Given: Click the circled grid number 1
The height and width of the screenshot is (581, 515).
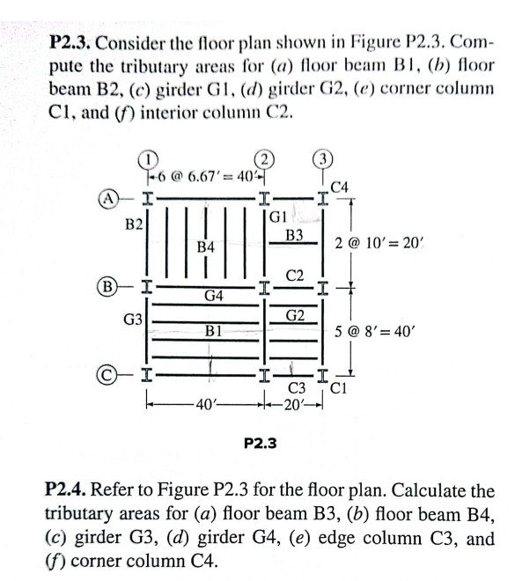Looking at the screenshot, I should point(151,158).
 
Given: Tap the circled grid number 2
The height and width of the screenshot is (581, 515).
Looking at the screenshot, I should point(261,158).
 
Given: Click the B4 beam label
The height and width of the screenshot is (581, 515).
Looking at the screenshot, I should point(205,248).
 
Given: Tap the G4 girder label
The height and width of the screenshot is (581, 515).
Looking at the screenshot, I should point(212,296).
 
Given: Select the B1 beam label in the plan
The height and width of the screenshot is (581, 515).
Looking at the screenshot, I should point(212,332).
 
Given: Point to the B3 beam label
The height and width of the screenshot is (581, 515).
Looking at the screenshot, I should point(295,234).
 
